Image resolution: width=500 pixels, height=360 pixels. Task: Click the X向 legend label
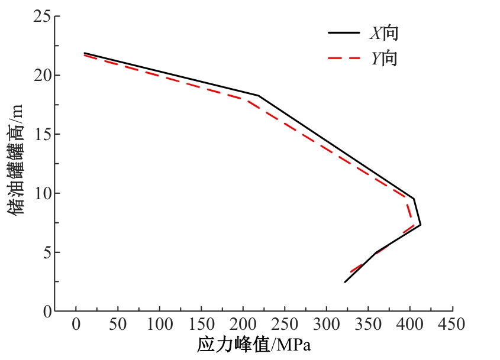point(384,33)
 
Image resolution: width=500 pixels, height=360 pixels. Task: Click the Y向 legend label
point(384,58)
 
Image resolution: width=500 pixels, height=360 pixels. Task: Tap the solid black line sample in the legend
point(344,33)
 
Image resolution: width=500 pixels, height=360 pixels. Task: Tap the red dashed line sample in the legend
point(344,58)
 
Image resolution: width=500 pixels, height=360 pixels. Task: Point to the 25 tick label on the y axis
point(42,16)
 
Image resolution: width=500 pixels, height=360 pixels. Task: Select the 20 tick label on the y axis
point(42,75)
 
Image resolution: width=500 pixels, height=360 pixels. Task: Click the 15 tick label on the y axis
point(42,134)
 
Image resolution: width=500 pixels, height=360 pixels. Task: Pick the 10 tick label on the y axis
point(42,193)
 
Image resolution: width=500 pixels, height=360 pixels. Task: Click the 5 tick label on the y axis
point(47,252)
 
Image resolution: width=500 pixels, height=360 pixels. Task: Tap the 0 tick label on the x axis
point(76,324)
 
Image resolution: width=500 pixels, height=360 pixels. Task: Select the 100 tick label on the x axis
point(159,324)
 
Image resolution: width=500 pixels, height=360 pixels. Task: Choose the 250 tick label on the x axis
point(285,324)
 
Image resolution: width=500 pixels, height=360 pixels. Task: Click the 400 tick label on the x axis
point(409,324)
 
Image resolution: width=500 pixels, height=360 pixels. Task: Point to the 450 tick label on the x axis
point(451,324)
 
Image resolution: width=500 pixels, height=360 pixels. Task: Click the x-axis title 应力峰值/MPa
point(254,345)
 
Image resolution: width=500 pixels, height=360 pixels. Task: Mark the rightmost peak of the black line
point(421,225)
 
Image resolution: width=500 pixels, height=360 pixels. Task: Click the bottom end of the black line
point(345,282)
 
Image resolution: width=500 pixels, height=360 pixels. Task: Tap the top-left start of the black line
point(84,53)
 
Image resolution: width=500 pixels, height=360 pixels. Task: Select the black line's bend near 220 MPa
point(259,95)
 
